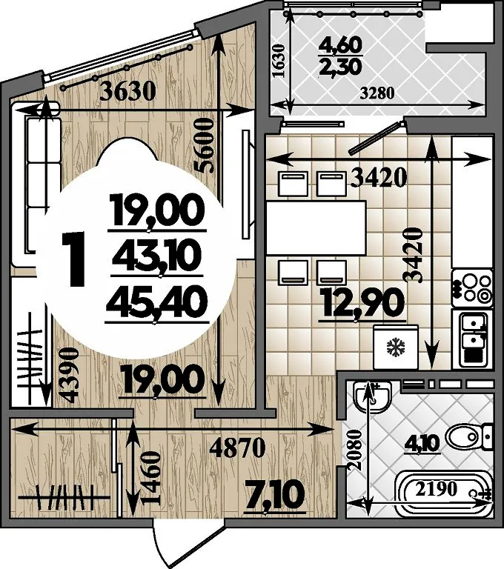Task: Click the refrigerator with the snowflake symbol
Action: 396,347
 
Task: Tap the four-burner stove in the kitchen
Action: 472,288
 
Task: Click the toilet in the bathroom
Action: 468,437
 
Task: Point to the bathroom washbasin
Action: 372,397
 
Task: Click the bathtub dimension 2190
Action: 436,490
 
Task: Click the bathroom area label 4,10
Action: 424,444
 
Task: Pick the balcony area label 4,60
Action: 340,45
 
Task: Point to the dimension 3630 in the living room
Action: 127,91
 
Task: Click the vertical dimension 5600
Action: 204,147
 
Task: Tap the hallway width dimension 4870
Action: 238,448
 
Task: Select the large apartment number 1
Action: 73,259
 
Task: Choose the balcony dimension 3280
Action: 377,93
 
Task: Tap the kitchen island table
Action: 316,228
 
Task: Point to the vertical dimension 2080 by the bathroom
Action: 354,450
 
